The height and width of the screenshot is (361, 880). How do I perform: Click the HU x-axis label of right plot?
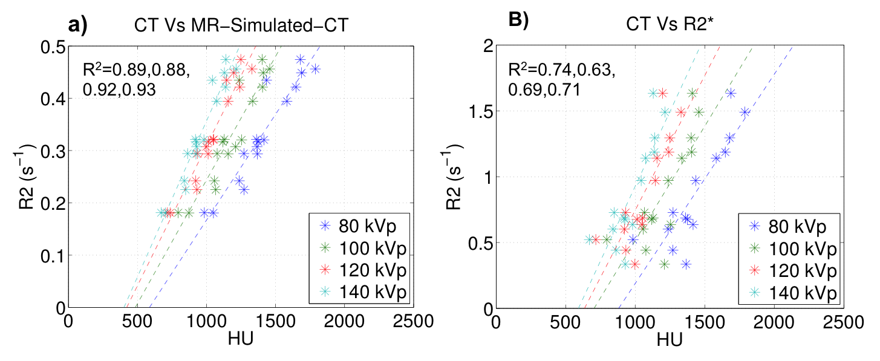[670, 340]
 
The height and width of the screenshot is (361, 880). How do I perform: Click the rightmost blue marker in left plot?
[315, 69]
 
